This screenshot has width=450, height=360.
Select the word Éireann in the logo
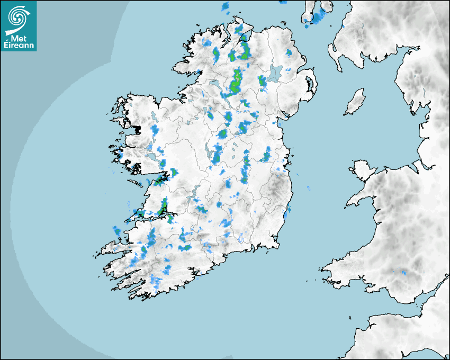tap(19, 46)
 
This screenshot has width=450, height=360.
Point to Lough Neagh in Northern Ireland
tap(275, 73)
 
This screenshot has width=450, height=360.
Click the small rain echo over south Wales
tap(402, 273)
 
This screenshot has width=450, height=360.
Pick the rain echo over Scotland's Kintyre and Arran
tap(318, 19)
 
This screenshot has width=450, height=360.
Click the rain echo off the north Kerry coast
tap(116, 231)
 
